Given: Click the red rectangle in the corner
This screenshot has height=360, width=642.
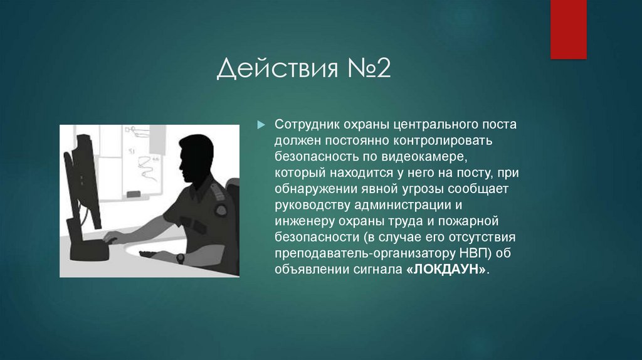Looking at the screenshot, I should (x=568, y=29).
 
